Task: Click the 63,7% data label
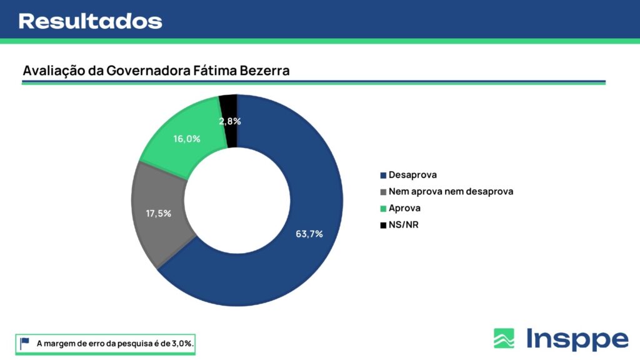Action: (x=309, y=234)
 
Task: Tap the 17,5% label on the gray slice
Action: (x=158, y=214)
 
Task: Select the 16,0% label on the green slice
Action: (x=186, y=139)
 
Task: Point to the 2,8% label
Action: (x=230, y=121)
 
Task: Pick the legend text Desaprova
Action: (x=412, y=175)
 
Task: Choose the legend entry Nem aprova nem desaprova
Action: (x=451, y=191)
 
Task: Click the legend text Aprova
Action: (x=404, y=208)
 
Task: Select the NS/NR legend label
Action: (x=403, y=225)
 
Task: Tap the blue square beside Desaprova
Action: (x=383, y=176)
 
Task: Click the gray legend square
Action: (x=383, y=192)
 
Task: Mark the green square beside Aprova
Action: (x=383, y=209)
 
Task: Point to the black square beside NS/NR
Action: (x=383, y=225)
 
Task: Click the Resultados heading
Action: (x=90, y=21)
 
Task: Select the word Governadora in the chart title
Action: (x=148, y=71)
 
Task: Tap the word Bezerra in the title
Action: (x=264, y=71)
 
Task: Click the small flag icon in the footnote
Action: (x=25, y=343)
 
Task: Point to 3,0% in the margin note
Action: (x=182, y=344)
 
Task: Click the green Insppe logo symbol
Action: (x=504, y=338)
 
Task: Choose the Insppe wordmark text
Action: (x=577, y=339)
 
